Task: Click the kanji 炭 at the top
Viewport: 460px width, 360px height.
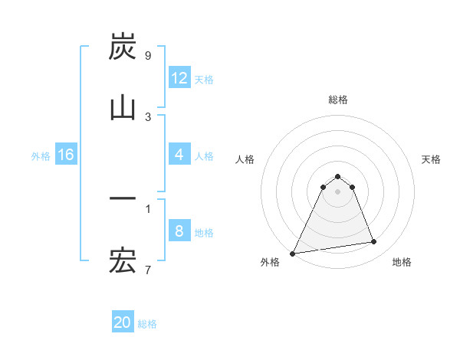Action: [x=123, y=47]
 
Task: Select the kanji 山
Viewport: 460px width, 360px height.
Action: [x=123, y=108]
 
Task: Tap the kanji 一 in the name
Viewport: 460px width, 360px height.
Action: [x=123, y=200]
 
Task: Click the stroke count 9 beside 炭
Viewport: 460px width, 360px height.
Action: [x=147, y=56]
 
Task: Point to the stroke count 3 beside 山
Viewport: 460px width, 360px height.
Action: [x=147, y=116]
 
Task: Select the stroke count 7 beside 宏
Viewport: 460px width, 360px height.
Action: [x=147, y=270]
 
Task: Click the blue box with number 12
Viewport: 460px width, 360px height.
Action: [x=179, y=78]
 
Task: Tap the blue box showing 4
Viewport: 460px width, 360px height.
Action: [x=179, y=155]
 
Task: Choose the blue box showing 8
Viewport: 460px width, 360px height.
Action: [x=179, y=231]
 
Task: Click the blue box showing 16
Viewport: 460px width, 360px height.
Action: [x=66, y=155]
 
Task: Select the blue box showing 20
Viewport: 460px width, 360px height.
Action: [x=123, y=322]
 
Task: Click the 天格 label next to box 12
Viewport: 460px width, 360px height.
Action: [x=204, y=79]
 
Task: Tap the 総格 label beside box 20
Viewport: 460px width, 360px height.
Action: [x=147, y=324]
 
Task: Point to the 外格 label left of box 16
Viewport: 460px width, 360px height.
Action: [x=41, y=155]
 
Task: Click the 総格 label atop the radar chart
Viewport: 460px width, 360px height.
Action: [x=338, y=100]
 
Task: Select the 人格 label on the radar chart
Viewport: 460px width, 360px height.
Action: [x=245, y=159]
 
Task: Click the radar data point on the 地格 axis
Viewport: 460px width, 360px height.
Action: [x=374, y=242]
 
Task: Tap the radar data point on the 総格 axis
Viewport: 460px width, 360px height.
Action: [x=338, y=176]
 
